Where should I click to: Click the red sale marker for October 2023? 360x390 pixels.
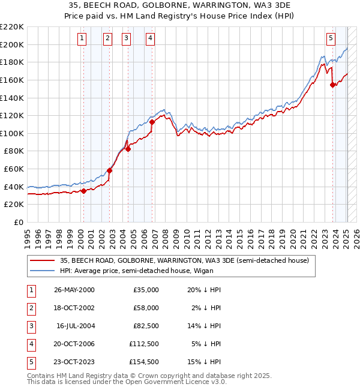tap(332, 85)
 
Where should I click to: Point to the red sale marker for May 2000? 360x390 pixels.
tap(83, 191)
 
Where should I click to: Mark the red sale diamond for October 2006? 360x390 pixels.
tap(152, 122)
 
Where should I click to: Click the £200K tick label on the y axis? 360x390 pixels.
tap(12, 44)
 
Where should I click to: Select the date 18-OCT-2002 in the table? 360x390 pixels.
tap(74, 308)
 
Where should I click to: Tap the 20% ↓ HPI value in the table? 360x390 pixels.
tap(205, 290)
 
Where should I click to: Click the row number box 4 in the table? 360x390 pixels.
tap(31, 344)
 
